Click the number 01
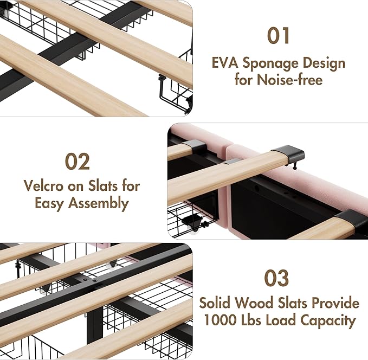coord(278,36)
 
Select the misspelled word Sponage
coord(270,64)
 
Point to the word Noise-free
coord(289,79)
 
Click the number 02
coord(78,162)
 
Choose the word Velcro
coord(44,185)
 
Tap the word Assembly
coord(98,203)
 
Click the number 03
coord(276,278)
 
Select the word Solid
coord(215,303)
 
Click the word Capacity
coord(328,321)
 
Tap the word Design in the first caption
coord(324,64)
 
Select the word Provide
coord(335,303)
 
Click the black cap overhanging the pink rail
coord(289,153)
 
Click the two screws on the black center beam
coord(91,280)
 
